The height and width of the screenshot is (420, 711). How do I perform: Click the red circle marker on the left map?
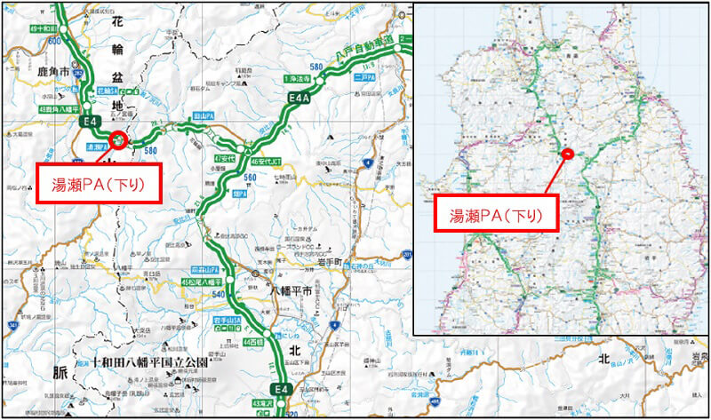coord(118,139)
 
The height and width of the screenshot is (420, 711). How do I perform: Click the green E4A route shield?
coord(298,99)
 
